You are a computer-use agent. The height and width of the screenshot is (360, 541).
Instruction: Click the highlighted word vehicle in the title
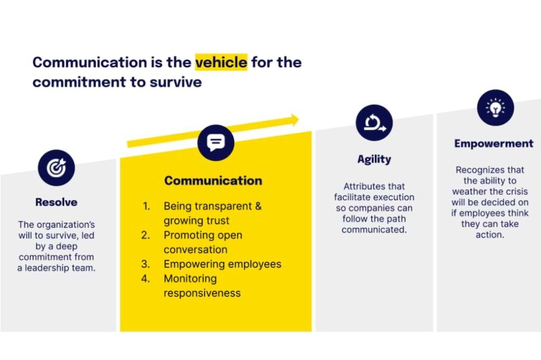point(221,62)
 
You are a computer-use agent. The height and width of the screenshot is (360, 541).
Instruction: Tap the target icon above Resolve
point(56,168)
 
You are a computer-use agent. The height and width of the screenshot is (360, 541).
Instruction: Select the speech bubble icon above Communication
point(216,143)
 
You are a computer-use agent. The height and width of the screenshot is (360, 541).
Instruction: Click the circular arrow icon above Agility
point(375,123)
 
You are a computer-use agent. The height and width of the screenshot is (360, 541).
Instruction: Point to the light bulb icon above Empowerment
point(496,108)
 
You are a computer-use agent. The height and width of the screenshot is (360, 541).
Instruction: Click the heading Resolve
point(56,202)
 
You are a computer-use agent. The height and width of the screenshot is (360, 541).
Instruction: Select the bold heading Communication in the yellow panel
point(213,181)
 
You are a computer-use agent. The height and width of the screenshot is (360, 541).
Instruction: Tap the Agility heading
point(375,159)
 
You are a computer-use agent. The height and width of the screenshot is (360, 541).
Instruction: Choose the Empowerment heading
point(494,144)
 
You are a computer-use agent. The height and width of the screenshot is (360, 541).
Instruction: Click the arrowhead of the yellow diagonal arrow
point(295,120)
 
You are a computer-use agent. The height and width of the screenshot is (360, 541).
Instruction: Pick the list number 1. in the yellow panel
point(146,206)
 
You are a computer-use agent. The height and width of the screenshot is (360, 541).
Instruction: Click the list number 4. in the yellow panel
point(146,279)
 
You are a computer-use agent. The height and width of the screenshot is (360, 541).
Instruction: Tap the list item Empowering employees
point(222,264)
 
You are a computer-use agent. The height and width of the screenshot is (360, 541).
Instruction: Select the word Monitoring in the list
point(190,279)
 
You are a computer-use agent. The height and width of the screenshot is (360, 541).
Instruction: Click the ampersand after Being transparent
point(258,206)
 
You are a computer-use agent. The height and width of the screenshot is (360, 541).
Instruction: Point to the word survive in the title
point(175,82)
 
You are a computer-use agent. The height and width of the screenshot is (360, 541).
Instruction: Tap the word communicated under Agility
point(375,230)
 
